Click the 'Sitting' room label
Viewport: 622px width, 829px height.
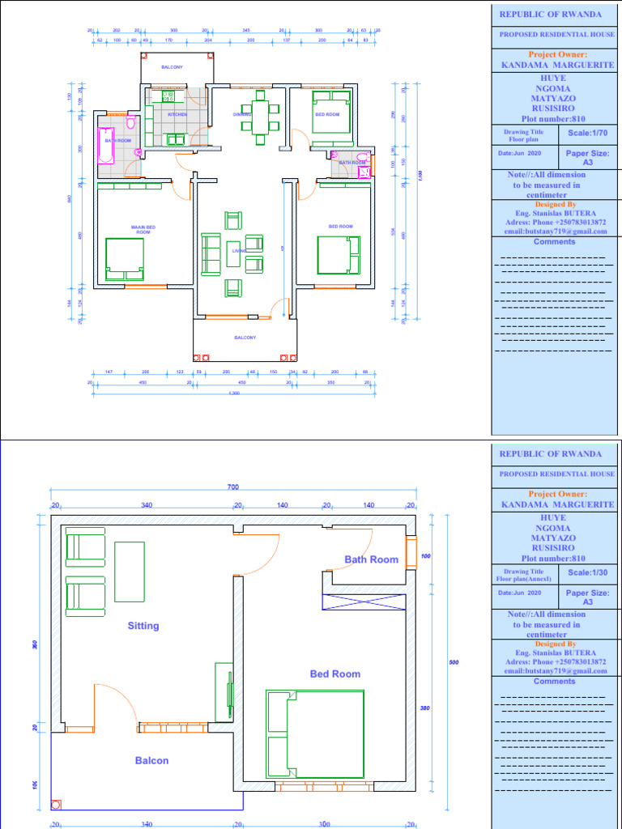click(x=143, y=626)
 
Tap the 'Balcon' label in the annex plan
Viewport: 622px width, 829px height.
click(x=151, y=760)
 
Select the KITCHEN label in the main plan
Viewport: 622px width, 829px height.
click(x=177, y=115)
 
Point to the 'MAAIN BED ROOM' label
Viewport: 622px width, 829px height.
click(x=143, y=229)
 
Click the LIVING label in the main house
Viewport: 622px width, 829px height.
click(x=238, y=251)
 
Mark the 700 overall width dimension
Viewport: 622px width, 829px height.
click(x=233, y=487)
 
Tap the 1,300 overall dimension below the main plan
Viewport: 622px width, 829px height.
click(x=234, y=393)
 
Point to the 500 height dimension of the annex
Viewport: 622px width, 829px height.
click(x=454, y=663)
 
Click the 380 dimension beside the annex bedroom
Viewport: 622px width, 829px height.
click(x=426, y=708)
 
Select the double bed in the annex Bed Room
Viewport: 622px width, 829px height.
click(x=315, y=734)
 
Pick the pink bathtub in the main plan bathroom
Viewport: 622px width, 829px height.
click(x=106, y=146)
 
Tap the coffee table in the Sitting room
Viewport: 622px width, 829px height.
click(x=130, y=572)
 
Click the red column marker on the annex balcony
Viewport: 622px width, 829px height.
click(x=57, y=805)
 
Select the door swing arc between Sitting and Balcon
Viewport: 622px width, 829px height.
click(x=115, y=704)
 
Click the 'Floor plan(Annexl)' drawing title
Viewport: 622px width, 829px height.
click(x=525, y=578)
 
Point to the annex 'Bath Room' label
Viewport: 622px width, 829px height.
click(x=372, y=559)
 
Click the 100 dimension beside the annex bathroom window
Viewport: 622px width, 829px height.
click(x=426, y=557)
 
